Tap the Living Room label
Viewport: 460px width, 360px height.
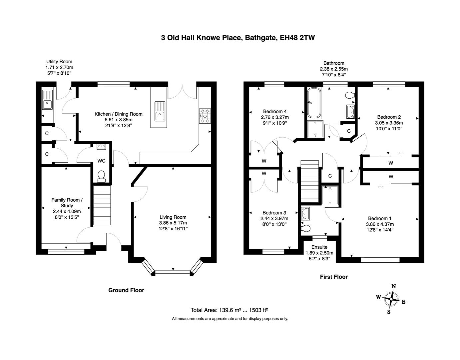(x=173, y=217)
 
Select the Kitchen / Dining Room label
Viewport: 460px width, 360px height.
(x=119, y=114)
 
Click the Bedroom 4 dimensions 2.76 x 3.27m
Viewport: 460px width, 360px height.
(x=275, y=117)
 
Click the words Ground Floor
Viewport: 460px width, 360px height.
(x=126, y=290)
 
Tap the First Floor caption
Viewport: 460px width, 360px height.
(x=334, y=277)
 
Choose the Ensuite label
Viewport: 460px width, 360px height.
(x=319, y=247)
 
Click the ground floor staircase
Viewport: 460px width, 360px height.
(x=102, y=206)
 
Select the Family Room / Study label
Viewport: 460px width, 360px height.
(x=67, y=203)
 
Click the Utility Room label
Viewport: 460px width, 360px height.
(x=59, y=61)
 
